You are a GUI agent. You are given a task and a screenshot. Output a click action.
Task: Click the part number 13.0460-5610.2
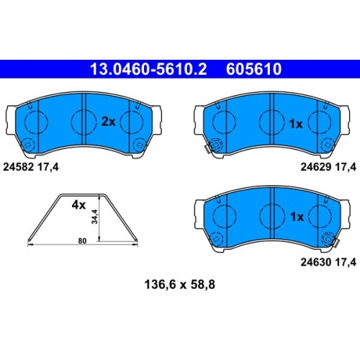point(148,69)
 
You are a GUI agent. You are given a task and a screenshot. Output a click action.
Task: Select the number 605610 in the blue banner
point(253,69)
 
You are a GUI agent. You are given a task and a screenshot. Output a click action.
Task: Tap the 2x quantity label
point(109,122)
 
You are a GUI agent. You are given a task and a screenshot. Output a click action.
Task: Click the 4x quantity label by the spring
point(78,205)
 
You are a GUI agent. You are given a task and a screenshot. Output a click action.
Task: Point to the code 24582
point(19,167)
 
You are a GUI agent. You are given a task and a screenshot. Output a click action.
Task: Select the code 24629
point(316,166)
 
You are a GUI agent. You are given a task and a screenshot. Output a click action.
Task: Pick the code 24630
point(316,262)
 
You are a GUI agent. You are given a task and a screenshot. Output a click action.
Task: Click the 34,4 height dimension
point(95,217)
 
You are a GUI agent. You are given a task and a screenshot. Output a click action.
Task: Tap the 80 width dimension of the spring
point(82,240)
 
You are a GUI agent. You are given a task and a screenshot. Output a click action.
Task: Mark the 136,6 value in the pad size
point(159,285)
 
